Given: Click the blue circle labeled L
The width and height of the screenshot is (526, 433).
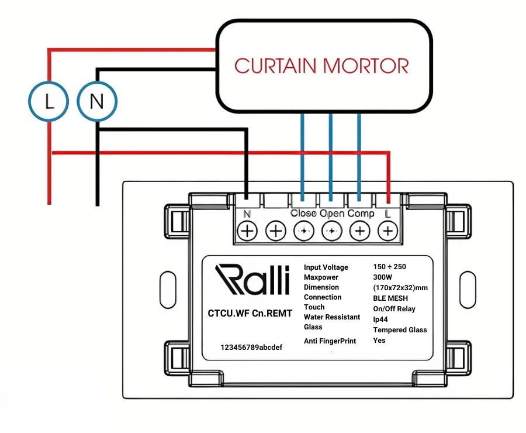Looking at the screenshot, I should [x=49, y=102].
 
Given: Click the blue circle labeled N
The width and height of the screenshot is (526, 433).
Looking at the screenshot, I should [x=97, y=102].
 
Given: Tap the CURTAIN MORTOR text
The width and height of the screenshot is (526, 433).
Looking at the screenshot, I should [x=321, y=66].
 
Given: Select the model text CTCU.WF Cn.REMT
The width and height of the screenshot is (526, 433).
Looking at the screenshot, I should [x=250, y=313].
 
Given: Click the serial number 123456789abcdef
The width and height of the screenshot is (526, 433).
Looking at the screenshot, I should [x=251, y=347].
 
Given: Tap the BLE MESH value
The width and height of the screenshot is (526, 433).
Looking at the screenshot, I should [x=390, y=298].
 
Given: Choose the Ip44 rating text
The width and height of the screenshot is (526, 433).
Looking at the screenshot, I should [x=383, y=319].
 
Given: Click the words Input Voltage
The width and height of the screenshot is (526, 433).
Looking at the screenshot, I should [x=326, y=267].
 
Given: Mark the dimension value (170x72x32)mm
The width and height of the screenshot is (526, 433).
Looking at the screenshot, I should [x=400, y=287].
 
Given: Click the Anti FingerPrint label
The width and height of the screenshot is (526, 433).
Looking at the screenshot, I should [x=330, y=341].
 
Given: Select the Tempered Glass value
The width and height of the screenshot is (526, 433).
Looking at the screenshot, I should [x=400, y=329].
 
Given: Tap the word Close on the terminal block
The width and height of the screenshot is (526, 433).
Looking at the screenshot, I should [x=303, y=214].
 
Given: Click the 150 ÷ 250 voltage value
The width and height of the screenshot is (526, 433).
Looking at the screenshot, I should [x=389, y=266].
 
